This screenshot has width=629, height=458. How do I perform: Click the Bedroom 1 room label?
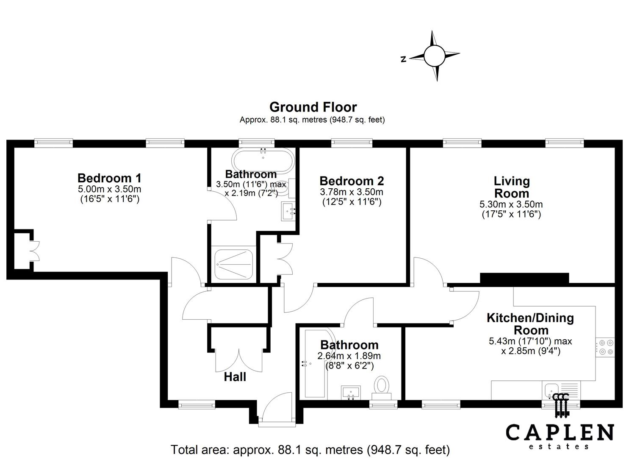point(109,178)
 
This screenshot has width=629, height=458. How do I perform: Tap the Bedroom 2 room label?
point(352,181)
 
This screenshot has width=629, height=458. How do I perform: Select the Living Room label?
point(511,187)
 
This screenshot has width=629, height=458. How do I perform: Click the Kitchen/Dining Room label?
point(530,324)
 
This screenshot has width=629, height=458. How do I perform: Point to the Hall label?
point(235,377)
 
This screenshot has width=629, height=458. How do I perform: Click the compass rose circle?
point(434,56)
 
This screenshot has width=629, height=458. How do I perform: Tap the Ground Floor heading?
point(313,107)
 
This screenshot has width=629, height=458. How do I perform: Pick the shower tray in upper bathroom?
point(234,264)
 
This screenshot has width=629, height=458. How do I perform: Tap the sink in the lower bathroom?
point(350,392)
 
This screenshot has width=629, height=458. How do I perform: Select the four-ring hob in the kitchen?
point(605,347)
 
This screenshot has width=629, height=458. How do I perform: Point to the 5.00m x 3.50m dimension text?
point(109,189)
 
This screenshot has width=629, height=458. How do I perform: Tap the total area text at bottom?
point(310,450)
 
